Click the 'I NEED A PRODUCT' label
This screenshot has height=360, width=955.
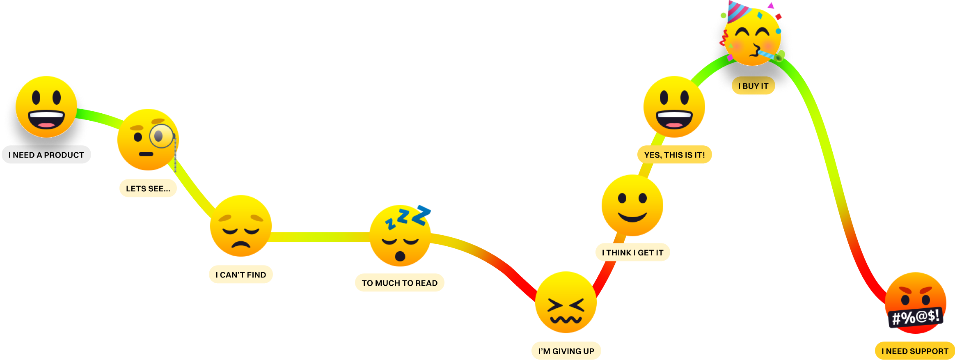tap(46, 155)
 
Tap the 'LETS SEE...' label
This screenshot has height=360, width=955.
tap(148, 188)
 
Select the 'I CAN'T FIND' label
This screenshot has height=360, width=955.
tap(241, 275)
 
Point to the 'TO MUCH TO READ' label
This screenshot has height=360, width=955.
tap(399, 283)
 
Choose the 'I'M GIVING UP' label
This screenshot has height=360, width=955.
tap(566, 351)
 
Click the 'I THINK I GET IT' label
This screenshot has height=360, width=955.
tap(632, 252)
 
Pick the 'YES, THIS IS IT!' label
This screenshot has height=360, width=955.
tap(674, 155)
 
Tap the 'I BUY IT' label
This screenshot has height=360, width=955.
tap(753, 86)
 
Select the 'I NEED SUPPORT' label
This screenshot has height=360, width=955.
tap(915, 351)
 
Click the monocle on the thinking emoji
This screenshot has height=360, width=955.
tap(161, 136)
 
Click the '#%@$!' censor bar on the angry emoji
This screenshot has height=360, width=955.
tap(916, 317)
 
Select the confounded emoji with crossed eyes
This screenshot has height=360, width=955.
tap(566, 302)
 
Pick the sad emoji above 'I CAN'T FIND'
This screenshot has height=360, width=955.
tap(241, 226)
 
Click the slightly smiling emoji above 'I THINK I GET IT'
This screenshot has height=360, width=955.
tap(632, 205)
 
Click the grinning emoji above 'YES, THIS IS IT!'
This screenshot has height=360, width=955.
tap(674, 107)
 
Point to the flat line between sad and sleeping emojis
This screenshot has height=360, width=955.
tap(320, 237)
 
